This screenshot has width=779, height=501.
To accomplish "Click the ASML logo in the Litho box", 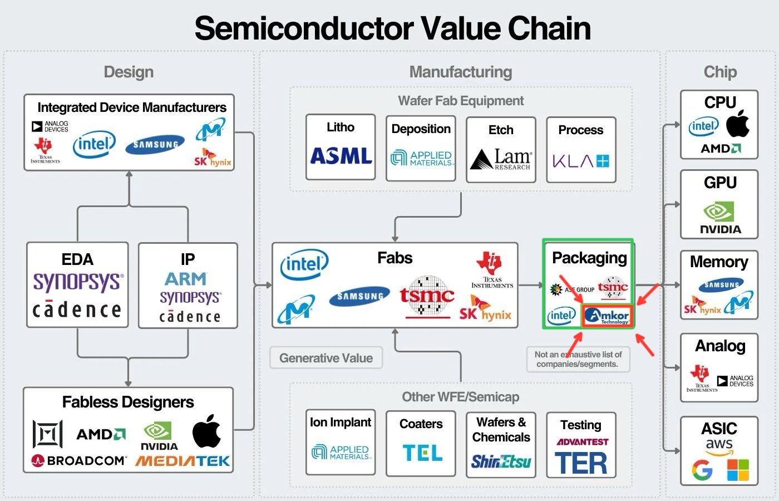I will click(x=341, y=156).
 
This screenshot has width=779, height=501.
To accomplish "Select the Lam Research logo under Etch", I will click(x=501, y=159).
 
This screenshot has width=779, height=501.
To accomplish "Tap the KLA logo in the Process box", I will click(x=581, y=161).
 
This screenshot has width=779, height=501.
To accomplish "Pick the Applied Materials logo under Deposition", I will click(x=421, y=158).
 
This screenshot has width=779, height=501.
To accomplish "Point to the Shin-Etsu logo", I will click(x=501, y=461).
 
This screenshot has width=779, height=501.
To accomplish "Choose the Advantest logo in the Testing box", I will click(x=582, y=442).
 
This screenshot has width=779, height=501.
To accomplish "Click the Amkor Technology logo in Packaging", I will click(x=607, y=316).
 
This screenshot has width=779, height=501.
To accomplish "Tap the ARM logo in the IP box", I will click(x=185, y=278).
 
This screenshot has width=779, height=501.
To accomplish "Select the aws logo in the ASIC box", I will click(x=719, y=446).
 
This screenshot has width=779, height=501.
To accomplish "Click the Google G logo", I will click(x=702, y=470).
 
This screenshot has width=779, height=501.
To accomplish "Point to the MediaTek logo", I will click(x=183, y=461).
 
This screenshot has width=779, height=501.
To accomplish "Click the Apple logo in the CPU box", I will click(x=738, y=124).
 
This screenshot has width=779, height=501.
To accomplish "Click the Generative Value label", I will click(x=326, y=358).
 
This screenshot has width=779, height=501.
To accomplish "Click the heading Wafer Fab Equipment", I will click(x=461, y=101).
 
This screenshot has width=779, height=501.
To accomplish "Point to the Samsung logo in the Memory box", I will click(x=721, y=285).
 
